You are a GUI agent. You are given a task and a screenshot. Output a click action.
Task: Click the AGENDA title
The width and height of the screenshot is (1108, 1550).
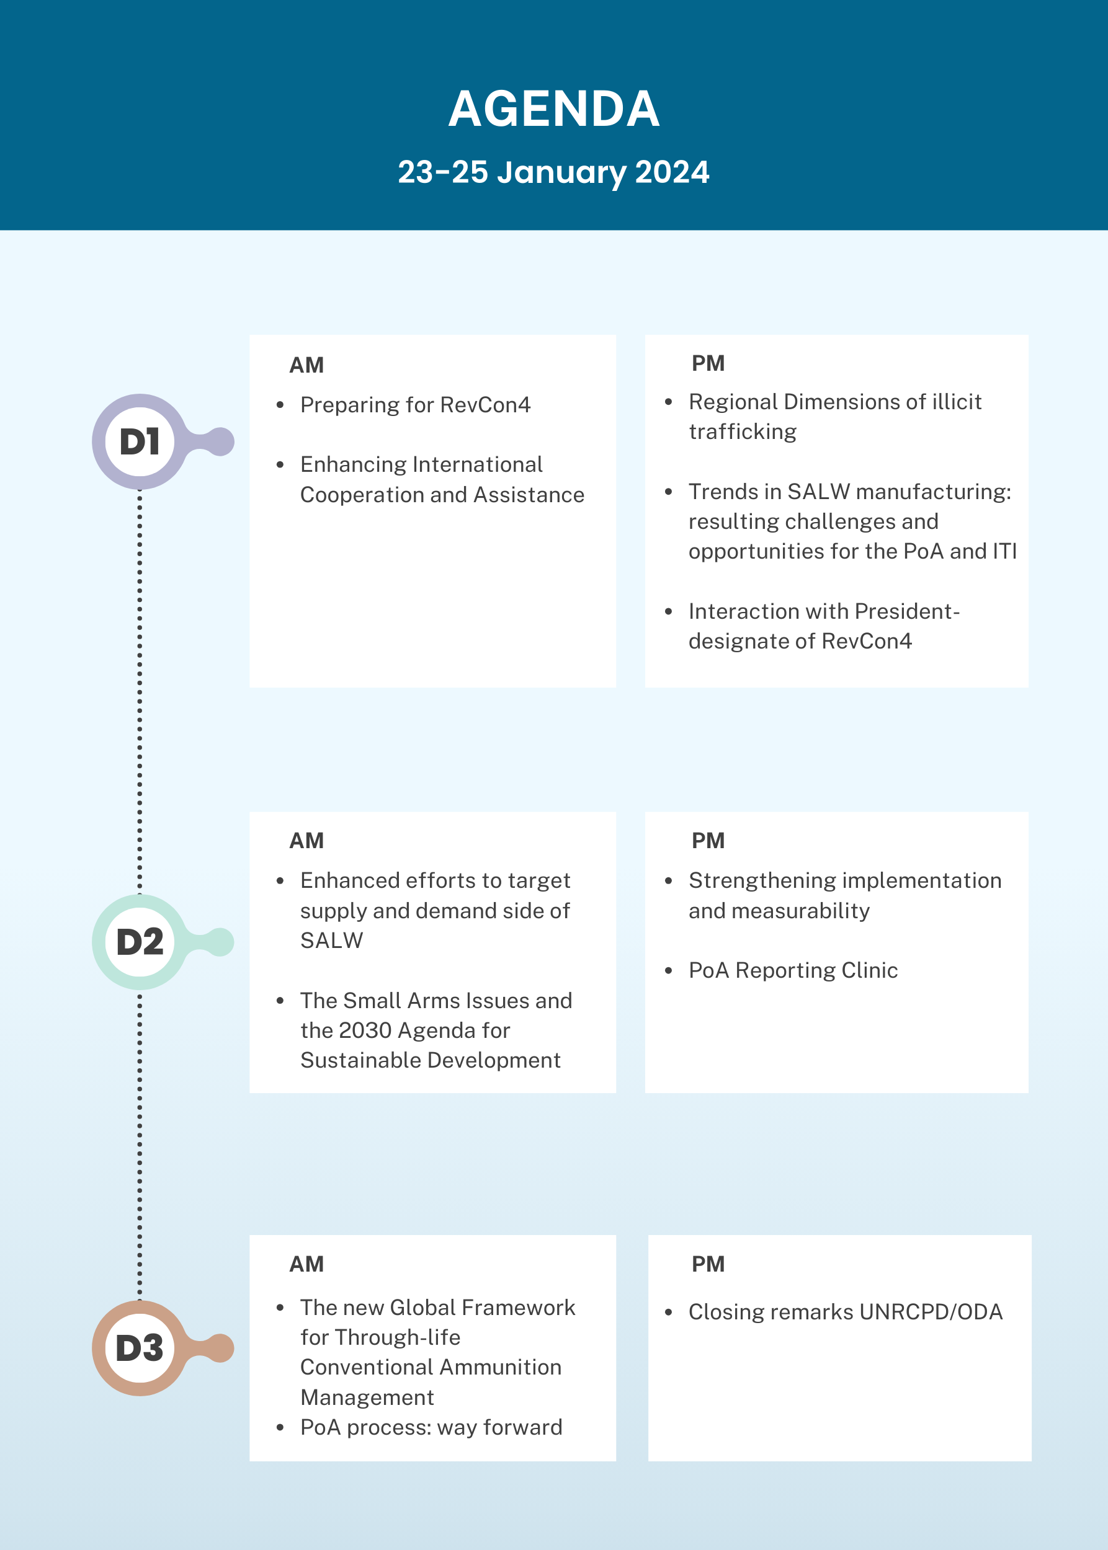pos(553,108)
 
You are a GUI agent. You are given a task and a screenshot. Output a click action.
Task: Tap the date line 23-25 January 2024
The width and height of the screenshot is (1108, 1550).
pos(553,172)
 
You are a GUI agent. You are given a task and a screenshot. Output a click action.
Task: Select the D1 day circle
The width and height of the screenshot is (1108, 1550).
pos(140,441)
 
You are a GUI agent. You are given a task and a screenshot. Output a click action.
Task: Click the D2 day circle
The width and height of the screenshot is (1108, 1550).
pos(140,942)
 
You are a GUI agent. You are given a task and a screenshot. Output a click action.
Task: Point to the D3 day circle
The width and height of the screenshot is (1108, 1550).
pos(140,1347)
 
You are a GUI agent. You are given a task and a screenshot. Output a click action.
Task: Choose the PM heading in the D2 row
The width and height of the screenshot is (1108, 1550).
pos(708,841)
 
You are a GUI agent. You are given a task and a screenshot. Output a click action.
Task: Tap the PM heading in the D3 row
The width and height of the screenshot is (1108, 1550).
pos(708,1264)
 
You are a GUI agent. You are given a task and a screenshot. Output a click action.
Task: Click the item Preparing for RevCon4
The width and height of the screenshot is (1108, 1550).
pos(415,405)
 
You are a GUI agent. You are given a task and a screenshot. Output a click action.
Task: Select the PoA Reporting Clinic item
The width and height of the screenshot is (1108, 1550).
pos(793,970)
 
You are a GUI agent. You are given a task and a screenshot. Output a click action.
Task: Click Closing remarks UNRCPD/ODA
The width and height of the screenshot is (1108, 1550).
pos(846,1312)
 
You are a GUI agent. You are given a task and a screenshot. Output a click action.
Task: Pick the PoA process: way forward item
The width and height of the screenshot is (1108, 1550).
pos(431,1427)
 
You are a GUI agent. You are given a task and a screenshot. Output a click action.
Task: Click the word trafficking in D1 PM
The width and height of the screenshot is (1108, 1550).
pos(743,432)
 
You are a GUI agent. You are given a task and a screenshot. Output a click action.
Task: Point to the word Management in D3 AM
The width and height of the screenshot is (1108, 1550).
pos(367,1398)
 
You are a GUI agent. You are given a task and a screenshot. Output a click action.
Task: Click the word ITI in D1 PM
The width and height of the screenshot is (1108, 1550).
pos(1005,551)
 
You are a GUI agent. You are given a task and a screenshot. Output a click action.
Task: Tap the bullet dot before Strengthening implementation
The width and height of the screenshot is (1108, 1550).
pos(669,881)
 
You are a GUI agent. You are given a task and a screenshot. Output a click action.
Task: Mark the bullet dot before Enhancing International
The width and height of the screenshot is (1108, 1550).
pos(280,465)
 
